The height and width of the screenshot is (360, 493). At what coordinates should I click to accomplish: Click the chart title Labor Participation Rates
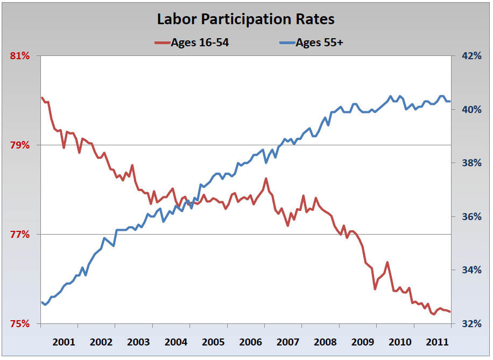(x=245, y=19)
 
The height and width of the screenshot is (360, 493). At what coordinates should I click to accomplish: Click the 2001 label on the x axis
(x=64, y=342)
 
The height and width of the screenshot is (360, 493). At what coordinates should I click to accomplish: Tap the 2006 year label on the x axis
(x=250, y=342)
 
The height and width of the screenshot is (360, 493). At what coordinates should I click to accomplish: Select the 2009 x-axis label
(x=362, y=342)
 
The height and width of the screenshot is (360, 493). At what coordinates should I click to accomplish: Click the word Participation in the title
(x=251, y=19)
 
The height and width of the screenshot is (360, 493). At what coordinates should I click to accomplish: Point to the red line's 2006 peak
(x=266, y=179)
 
